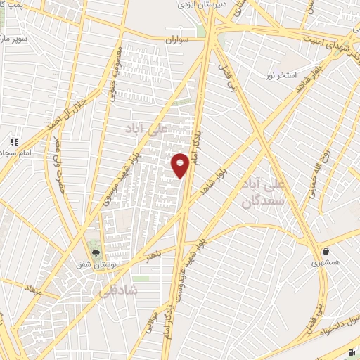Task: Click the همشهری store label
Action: [326, 263]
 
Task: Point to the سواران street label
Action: [179, 40]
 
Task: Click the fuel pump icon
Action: [352, 352]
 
